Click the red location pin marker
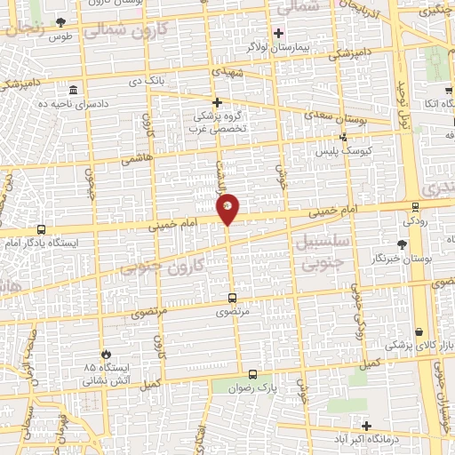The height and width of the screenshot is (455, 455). click(x=228, y=208)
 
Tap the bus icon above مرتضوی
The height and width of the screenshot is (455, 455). click(x=233, y=299)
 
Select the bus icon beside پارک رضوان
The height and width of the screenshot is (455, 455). click(x=253, y=374)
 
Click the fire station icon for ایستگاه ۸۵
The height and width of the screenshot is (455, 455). click(x=106, y=354)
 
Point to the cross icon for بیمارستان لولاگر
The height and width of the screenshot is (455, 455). click(x=279, y=33)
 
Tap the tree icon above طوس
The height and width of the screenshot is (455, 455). click(x=60, y=23)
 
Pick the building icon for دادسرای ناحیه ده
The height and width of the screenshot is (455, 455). click(x=73, y=91)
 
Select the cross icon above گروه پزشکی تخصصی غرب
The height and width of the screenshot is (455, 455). click(x=217, y=102)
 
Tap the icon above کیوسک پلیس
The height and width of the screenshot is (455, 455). click(x=344, y=138)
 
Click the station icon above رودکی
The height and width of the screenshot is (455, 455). click(x=415, y=207)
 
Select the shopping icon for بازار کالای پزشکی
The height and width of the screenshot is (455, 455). click(x=419, y=331)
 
